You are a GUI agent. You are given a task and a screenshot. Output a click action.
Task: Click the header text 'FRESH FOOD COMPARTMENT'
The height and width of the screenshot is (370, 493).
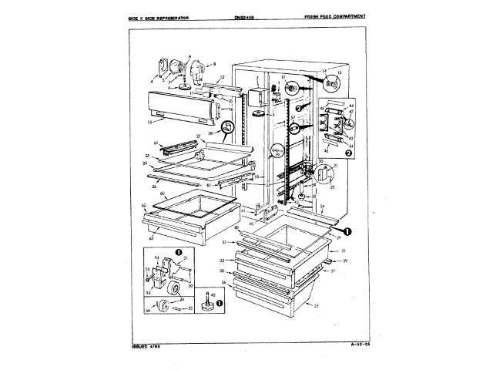tap(335, 16)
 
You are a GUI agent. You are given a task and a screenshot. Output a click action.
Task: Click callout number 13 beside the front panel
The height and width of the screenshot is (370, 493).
tap(149, 121)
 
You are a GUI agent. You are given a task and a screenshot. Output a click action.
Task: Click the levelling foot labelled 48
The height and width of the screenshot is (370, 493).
tap(209, 304)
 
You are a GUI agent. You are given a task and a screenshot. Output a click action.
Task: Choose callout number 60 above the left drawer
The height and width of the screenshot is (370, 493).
tap(163, 193)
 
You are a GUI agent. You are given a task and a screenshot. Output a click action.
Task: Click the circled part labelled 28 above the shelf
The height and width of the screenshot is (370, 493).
tap(227, 126)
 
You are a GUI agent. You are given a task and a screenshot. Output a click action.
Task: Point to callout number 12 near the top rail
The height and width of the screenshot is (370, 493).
tap(221, 77)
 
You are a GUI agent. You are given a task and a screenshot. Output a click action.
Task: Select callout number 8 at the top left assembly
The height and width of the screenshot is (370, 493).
tap(214, 62)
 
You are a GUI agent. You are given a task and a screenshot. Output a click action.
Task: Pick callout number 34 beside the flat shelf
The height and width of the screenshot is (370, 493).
tap(322, 207)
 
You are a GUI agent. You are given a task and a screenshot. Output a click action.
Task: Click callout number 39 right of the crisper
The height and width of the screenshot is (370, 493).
tap(346, 261)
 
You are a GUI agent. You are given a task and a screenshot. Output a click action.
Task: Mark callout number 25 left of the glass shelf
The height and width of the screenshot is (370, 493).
tap(146, 156)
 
